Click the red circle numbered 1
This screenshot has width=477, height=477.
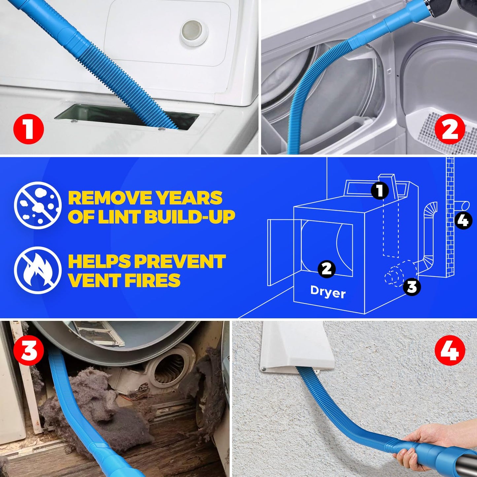point(29,129)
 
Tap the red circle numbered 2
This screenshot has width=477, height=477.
point(450,129)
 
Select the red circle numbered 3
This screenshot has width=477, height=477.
point(29,351)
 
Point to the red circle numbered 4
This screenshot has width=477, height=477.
point(450,351)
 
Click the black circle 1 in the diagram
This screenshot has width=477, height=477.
point(380,190)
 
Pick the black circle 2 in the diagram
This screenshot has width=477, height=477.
point(326,269)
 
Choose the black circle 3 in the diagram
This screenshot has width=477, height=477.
point(412,287)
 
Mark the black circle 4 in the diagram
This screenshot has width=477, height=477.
point(463,220)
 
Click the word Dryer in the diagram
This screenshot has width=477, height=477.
point(328,292)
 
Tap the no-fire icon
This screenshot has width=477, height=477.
point(38,270)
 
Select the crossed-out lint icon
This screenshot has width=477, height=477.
point(38,205)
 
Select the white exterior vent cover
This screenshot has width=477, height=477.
point(295,347)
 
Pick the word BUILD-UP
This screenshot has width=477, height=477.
point(189,217)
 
